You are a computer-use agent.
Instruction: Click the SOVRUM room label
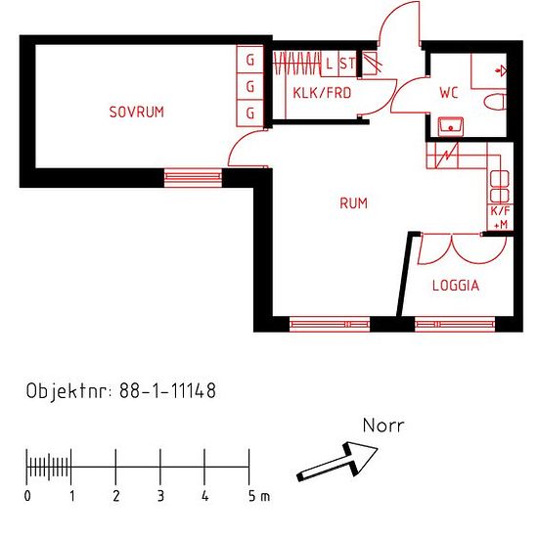click(137, 112)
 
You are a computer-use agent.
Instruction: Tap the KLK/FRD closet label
click(322, 93)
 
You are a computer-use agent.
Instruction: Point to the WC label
click(449, 93)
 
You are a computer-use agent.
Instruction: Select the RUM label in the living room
click(353, 203)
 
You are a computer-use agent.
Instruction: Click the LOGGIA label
click(456, 286)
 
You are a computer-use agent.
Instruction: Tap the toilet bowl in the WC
click(495, 102)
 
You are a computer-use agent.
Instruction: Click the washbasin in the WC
click(451, 126)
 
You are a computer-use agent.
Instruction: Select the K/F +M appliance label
click(500, 217)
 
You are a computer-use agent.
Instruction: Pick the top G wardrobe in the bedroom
click(250, 60)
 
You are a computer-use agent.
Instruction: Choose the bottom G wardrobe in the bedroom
click(250, 112)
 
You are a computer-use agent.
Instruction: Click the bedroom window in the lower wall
click(193, 177)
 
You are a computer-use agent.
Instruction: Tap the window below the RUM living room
click(330, 324)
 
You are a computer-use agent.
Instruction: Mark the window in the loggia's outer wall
click(455, 324)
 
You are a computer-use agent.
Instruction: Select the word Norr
click(383, 426)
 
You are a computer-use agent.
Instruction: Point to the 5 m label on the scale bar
click(259, 496)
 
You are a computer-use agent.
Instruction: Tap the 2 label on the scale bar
click(116, 496)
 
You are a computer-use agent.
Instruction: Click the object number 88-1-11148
click(168, 390)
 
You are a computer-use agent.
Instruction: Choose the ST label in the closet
click(347, 64)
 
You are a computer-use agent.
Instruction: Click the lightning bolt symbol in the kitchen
click(446, 156)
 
